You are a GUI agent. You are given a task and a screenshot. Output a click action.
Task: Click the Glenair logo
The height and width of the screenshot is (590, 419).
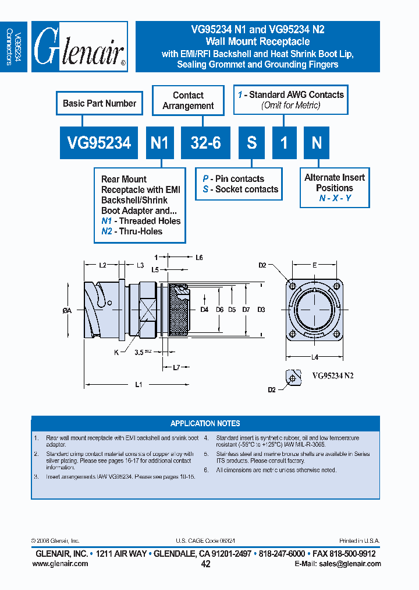[80, 47]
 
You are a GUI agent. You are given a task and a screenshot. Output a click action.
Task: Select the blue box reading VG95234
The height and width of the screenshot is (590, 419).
[99, 143]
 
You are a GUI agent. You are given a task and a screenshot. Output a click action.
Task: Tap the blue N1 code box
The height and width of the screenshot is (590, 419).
[159, 143]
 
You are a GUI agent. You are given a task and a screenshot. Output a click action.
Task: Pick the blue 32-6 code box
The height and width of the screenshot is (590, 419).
[205, 143]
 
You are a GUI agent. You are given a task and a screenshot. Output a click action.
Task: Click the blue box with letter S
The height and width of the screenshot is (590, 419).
[252, 143]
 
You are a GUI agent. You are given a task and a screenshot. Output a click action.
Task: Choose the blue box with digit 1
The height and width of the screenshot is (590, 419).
[285, 143]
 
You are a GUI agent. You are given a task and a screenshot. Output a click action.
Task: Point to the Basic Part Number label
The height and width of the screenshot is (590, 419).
[100, 103]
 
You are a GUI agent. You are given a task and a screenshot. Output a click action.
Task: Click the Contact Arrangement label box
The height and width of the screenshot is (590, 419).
[188, 100]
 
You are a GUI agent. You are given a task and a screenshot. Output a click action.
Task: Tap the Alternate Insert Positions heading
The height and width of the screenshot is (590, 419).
[335, 182]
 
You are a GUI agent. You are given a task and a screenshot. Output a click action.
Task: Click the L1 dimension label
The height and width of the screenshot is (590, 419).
[138, 384]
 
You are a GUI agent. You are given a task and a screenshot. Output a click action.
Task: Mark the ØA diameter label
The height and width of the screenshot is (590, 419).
[66, 311]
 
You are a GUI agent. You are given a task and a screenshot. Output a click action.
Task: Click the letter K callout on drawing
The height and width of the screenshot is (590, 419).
[116, 352]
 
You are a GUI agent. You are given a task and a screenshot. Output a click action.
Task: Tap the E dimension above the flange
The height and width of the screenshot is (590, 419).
[314, 265]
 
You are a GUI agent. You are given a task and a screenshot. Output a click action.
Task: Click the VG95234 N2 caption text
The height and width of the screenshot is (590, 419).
[333, 376]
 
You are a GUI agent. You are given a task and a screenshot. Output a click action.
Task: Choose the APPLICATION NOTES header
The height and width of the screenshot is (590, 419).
[205, 423]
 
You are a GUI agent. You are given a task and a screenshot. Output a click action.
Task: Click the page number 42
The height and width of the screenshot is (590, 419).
[205, 564]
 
